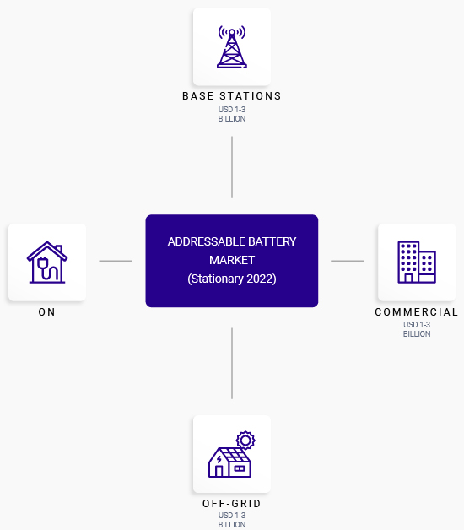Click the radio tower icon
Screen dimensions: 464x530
click(x=232, y=46)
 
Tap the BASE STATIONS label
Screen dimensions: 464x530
click(x=232, y=96)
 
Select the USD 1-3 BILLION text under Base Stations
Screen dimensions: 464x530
click(x=232, y=114)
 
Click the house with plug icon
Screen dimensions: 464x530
click(x=47, y=262)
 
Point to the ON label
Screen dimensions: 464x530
click(x=46, y=312)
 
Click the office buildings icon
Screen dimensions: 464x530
click(x=417, y=262)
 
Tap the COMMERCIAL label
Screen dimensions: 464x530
click(x=417, y=312)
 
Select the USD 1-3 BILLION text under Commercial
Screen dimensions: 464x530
click(x=417, y=329)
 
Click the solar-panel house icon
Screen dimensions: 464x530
click(x=232, y=454)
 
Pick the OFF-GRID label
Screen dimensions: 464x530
click(x=232, y=504)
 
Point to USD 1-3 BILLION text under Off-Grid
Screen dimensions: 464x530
click(x=232, y=520)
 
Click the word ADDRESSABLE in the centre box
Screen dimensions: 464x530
click(x=206, y=241)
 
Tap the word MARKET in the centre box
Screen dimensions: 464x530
click(x=232, y=260)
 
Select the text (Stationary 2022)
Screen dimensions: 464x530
click(x=232, y=279)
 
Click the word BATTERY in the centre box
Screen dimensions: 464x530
click(x=272, y=241)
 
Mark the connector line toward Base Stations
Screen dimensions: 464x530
click(x=232, y=167)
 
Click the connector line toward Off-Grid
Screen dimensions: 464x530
click(x=232, y=364)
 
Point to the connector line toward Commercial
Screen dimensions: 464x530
click(x=348, y=261)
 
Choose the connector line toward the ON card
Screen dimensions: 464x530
click(x=116, y=261)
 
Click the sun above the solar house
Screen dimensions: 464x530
click(x=245, y=440)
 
